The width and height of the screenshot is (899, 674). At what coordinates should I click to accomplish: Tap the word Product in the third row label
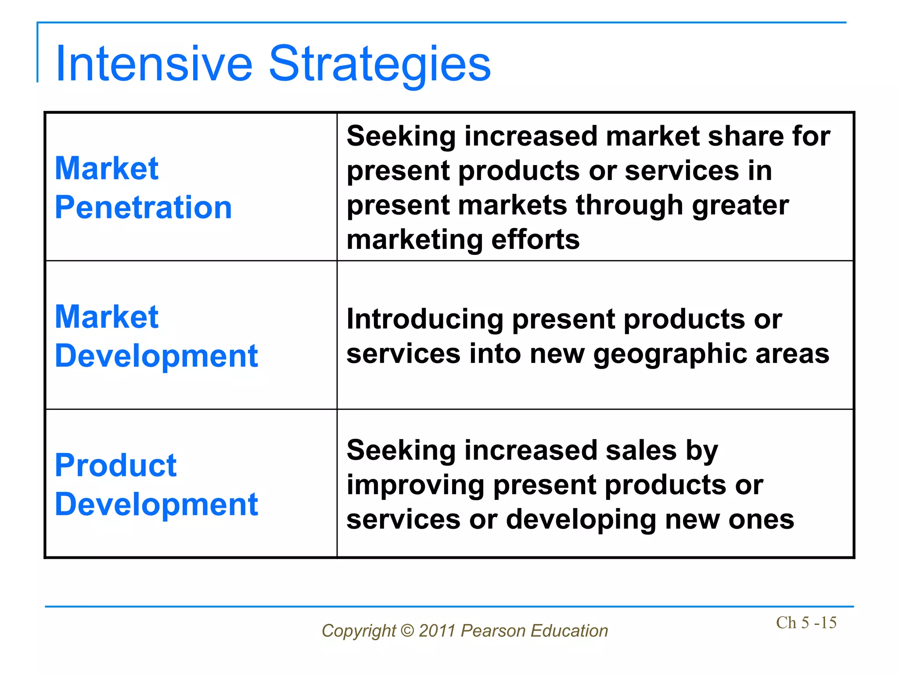tap(115, 465)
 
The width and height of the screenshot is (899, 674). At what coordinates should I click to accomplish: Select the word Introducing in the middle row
tap(424, 319)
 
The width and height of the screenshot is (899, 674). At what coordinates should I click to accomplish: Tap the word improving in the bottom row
tap(415, 486)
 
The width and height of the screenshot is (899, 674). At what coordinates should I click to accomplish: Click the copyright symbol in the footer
tap(407, 631)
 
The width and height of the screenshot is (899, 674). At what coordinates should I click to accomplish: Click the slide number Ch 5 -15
tap(806, 623)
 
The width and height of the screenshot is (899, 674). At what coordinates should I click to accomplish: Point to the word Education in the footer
tap(569, 631)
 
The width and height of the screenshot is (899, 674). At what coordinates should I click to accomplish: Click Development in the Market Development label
tap(156, 356)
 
